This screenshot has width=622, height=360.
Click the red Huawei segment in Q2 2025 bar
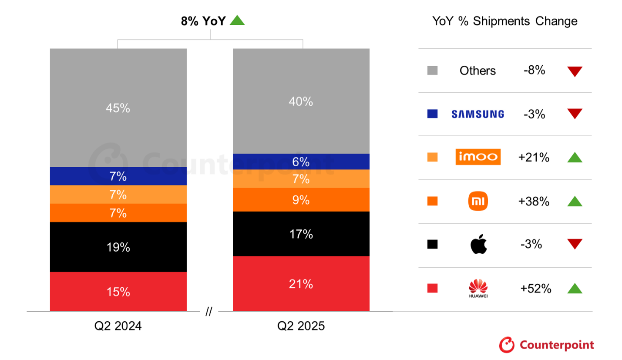point(301,283)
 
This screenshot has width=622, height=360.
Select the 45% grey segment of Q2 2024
point(118,108)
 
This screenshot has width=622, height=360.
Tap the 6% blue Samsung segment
point(301,161)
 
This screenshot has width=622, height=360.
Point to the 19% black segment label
point(118,247)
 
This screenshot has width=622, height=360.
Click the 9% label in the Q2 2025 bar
point(301,200)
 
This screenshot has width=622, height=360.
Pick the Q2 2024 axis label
point(118,326)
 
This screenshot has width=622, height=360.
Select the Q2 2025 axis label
point(301,326)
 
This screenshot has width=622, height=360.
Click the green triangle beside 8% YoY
point(237,20)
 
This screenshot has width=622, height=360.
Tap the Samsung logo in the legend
point(477,114)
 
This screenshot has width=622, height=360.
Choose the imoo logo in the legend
point(477,157)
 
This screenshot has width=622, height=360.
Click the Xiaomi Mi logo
point(478,202)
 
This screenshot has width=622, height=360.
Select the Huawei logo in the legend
point(478,289)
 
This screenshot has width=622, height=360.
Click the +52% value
point(536,288)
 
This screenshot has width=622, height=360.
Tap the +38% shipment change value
point(534,202)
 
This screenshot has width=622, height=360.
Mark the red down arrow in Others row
point(575,71)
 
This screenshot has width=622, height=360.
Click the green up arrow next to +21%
point(575,157)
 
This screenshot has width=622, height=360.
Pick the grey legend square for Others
point(432,71)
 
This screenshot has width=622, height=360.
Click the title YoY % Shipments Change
point(505,21)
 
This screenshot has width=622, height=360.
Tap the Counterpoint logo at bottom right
point(546,345)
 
